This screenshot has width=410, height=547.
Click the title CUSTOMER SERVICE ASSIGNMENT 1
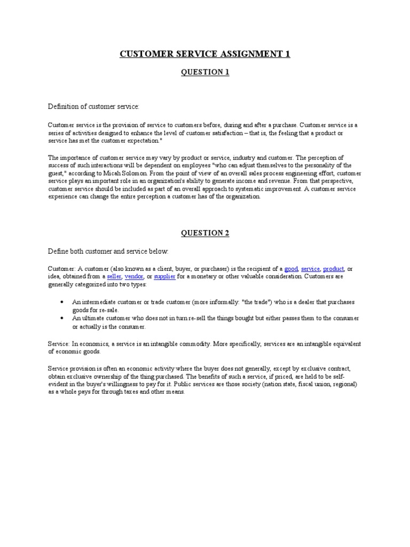click(x=205, y=54)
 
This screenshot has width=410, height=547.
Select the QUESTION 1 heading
click(x=205, y=72)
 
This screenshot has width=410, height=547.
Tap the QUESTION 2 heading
click(x=205, y=233)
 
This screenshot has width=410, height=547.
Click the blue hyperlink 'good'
click(x=291, y=269)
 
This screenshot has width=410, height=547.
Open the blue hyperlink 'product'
click(x=334, y=269)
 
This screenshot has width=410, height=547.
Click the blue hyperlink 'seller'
click(x=114, y=277)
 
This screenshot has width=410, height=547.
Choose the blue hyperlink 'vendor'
click(x=134, y=277)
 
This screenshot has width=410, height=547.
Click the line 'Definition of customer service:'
click(x=94, y=107)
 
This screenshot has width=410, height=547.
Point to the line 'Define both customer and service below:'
click(x=108, y=251)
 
